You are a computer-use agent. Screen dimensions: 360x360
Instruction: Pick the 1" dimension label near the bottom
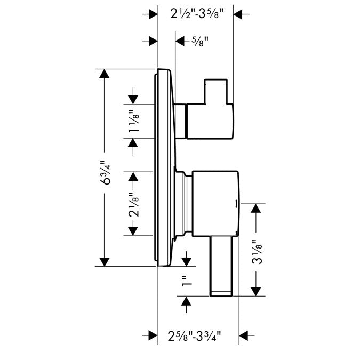coord(186,282)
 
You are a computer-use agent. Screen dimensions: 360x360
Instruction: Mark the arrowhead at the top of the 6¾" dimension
coord(105,74)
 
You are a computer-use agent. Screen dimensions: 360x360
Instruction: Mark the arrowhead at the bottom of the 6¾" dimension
coord(105,261)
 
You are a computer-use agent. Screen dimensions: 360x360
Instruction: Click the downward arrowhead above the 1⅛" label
coord(132,99)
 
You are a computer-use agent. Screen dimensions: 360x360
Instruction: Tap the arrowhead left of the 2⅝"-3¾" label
coord(153,335)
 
